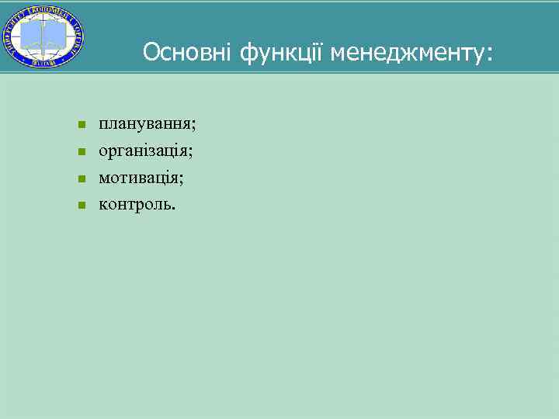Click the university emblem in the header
(43, 36)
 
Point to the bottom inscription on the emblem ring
(43, 63)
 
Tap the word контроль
(135, 205)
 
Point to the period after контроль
(175, 209)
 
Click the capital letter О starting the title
(151, 52)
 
